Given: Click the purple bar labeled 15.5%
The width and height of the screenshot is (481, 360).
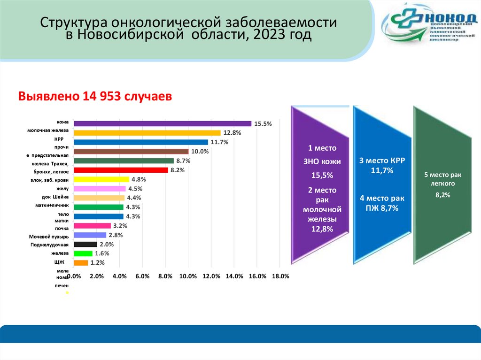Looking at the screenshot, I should tap(163, 123).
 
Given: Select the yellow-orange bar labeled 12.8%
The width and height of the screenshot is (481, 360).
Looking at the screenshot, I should tap(147, 133).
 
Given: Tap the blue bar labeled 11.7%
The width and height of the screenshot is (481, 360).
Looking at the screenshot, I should tap(141, 142).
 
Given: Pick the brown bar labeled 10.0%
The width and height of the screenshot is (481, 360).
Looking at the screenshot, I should tap(131, 151).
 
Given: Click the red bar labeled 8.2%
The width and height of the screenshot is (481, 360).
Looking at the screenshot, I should tap(121, 170).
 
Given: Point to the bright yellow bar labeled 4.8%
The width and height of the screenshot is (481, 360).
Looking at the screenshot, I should tap(101, 179).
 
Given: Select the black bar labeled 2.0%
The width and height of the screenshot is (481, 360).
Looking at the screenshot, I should tap(85, 244).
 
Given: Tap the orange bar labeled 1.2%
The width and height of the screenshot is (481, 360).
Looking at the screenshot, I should tap(81, 263).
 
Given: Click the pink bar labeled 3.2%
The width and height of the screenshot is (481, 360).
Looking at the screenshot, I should tap(92, 226).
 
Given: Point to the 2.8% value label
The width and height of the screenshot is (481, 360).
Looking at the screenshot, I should tap(115, 235).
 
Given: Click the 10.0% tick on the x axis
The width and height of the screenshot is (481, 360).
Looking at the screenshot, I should tap(188, 276).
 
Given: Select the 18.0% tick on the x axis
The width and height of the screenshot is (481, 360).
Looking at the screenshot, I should tap(280, 276).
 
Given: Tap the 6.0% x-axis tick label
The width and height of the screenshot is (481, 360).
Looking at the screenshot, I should tap(142, 276).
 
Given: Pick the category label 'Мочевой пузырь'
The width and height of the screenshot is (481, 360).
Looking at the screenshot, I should tap(49, 236).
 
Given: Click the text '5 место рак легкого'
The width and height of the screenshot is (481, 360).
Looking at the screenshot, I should tap(443, 178).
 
